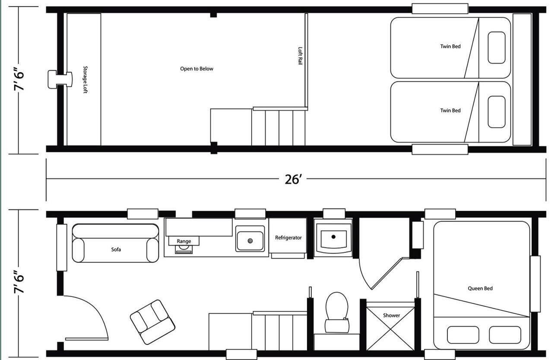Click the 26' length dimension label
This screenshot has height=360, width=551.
pyautogui.click(x=293, y=180)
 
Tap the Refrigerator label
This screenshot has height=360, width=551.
pyautogui.click(x=288, y=238)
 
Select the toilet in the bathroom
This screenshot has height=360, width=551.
pyautogui.click(x=337, y=312)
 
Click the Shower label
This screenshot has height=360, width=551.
pyautogui.click(x=391, y=315)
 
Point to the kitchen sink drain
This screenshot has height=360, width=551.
pyautogui.click(x=250, y=241)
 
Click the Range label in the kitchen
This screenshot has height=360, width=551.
pyautogui.click(x=184, y=241)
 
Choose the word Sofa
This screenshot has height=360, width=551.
pyautogui.click(x=116, y=249)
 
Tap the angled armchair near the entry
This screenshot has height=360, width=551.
pyautogui.click(x=152, y=322)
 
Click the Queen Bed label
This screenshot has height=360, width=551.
pyautogui.click(x=480, y=288)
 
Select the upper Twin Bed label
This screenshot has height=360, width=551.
pyautogui.click(x=450, y=46)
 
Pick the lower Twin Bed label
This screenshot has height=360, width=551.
pyautogui.click(x=450, y=111)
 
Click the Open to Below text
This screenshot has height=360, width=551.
pyautogui.click(x=196, y=69)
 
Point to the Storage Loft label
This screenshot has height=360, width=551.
pyautogui.click(x=85, y=80)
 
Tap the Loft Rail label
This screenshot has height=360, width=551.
pyautogui.click(x=300, y=56)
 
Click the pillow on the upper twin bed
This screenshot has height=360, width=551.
pyautogui.click(x=497, y=47)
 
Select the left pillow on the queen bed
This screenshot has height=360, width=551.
pyautogui.click(x=463, y=335)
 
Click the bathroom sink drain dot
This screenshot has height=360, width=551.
pyautogui.click(x=333, y=237)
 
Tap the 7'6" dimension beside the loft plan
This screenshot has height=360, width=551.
pyautogui.click(x=19, y=79)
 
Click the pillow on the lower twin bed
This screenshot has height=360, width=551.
pyautogui.click(x=497, y=112)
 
